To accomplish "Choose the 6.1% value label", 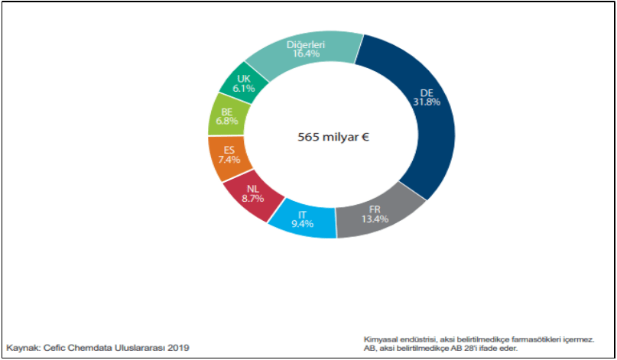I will pyautogui.click(x=243, y=89).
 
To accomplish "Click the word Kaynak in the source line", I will pyautogui.click(x=22, y=348).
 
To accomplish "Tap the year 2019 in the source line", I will pyautogui.click(x=177, y=348).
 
